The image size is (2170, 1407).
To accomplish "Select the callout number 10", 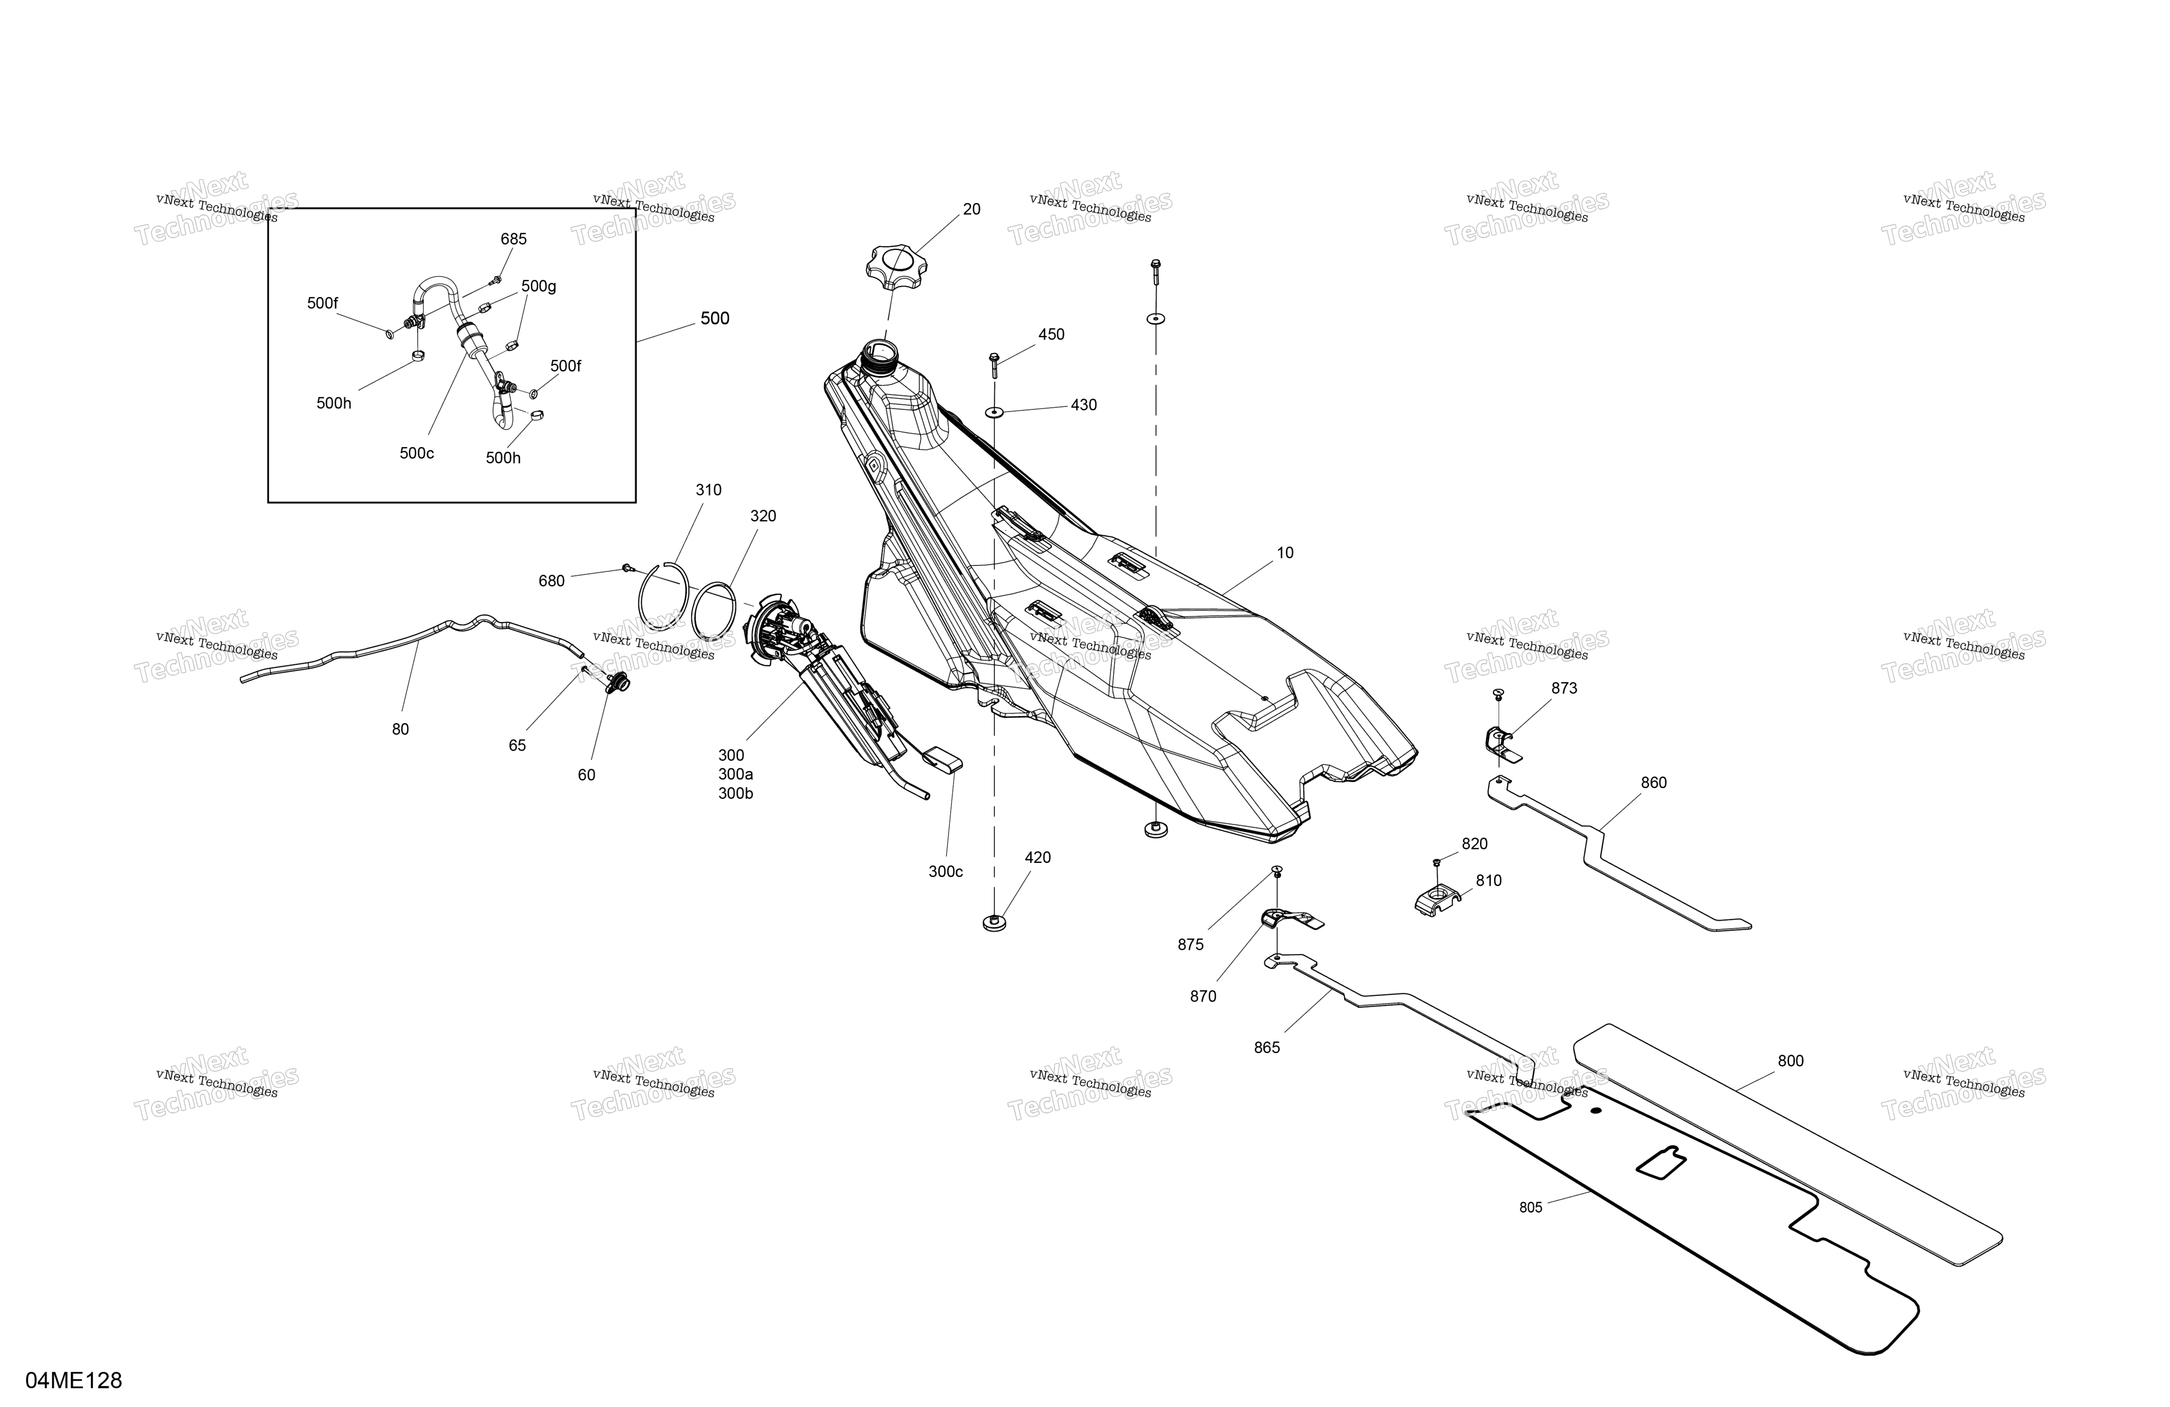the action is pyautogui.click(x=1285, y=553).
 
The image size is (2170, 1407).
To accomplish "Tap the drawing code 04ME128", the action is pyautogui.click(x=74, y=1381).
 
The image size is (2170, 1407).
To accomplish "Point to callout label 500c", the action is pyautogui.click(x=417, y=453).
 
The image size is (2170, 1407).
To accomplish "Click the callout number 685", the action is pyautogui.click(x=513, y=239).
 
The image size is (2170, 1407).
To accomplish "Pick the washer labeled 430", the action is pyautogui.click(x=994, y=412).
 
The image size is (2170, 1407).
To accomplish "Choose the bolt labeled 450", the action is pyautogui.click(x=994, y=365).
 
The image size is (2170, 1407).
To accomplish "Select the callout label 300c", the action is pyautogui.click(x=945, y=872).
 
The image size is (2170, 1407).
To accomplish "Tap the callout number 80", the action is pyautogui.click(x=400, y=729).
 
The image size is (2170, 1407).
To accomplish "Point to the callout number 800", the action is pyautogui.click(x=1791, y=1060).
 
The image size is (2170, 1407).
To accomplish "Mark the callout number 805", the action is pyautogui.click(x=1531, y=1207).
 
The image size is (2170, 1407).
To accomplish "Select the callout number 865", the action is pyautogui.click(x=1266, y=1048).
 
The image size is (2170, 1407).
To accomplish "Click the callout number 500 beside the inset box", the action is pyautogui.click(x=715, y=318).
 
